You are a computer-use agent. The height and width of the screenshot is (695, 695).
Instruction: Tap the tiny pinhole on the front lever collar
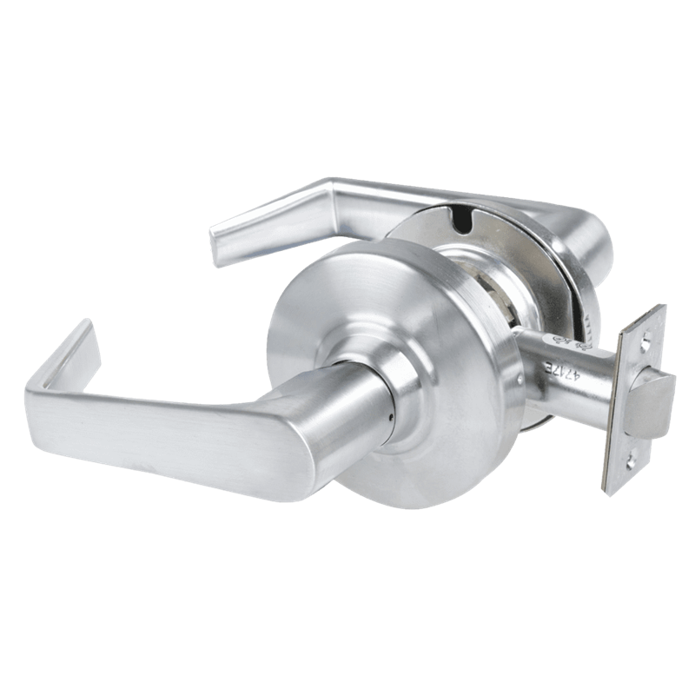click(x=391, y=416)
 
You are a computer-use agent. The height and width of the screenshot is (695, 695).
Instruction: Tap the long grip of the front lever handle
click(x=191, y=430)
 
